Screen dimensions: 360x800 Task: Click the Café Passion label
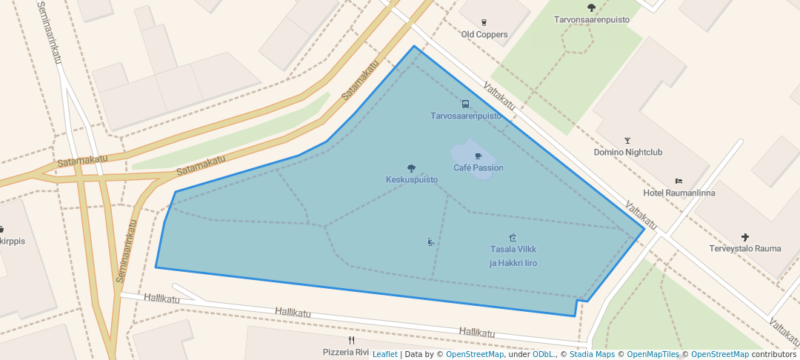pyautogui.click(x=479, y=168)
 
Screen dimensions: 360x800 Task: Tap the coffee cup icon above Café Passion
pyautogui.click(x=478, y=156)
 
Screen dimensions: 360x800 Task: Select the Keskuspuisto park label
pyautogui.click(x=412, y=180)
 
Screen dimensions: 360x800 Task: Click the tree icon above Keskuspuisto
pyautogui.click(x=412, y=168)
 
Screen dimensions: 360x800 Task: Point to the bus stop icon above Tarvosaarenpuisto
pyautogui.click(x=466, y=104)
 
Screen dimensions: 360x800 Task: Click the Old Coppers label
pyautogui.click(x=484, y=35)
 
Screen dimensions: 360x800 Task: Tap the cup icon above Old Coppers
pyautogui.click(x=484, y=23)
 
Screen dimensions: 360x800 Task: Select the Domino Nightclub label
pyautogui.click(x=628, y=153)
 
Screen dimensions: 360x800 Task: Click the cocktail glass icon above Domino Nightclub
pyautogui.click(x=628, y=141)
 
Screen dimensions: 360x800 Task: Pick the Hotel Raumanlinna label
pyautogui.click(x=679, y=193)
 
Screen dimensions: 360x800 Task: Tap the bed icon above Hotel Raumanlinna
pyautogui.click(x=679, y=181)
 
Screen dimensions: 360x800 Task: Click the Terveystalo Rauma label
pyautogui.click(x=745, y=249)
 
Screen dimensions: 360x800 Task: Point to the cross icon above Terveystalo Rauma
pyautogui.click(x=745, y=237)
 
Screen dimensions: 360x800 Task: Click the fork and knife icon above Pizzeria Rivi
pyautogui.click(x=351, y=341)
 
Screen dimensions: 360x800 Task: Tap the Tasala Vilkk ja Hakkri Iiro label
pyautogui.click(x=513, y=256)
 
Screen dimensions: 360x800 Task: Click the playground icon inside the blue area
pyautogui.click(x=431, y=241)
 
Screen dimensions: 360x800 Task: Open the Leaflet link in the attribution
pyautogui.click(x=384, y=354)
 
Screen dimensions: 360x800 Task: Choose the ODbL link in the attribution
pyautogui.click(x=544, y=354)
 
